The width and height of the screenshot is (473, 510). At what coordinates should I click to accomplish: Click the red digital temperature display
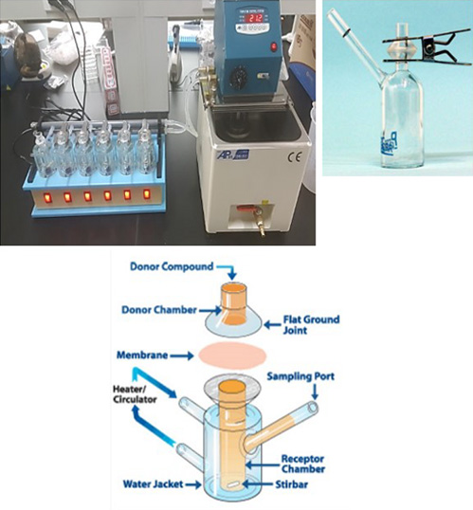(x=256, y=17)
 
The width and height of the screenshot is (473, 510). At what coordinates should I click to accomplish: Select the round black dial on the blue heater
(x=237, y=79)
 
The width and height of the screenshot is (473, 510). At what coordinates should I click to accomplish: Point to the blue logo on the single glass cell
(x=391, y=142)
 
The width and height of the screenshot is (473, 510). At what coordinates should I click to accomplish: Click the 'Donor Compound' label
(x=172, y=266)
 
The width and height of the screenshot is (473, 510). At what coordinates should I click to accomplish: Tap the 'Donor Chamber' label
(x=159, y=310)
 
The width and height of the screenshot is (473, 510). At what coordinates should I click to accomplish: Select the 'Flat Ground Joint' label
(x=311, y=324)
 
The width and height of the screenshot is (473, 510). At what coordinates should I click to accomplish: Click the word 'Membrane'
(x=142, y=355)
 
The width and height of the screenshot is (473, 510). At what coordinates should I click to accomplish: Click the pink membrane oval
(x=232, y=355)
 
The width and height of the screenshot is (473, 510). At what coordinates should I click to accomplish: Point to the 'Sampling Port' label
(x=300, y=376)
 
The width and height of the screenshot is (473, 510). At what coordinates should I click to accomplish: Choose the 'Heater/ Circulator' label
(x=135, y=394)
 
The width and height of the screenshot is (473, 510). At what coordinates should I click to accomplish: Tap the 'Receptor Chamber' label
(x=303, y=464)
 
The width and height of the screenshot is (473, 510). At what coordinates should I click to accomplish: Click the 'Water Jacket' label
(x=153, y=484)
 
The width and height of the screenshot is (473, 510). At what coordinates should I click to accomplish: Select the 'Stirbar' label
(x=291, y=484)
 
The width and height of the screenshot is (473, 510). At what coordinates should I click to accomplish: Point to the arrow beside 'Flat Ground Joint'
(x=273, y=324)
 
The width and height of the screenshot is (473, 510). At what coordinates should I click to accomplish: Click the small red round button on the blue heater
(x=274, y=46)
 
